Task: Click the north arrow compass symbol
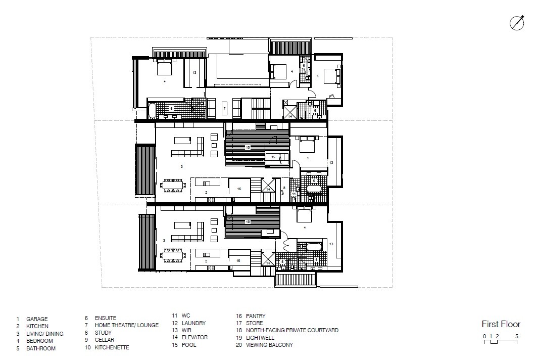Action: click(517, 23)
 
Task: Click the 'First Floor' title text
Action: click(501, 324)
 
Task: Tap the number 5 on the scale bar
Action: click(516, 336)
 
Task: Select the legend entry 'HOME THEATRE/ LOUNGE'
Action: click(126, 325)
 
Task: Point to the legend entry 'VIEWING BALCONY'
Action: click(269, 345)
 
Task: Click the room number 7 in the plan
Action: click(225, 108)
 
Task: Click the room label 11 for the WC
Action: click(294, 194)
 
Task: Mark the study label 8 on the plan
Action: click(284, 188)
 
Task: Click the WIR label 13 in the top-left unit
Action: click(194, 73)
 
